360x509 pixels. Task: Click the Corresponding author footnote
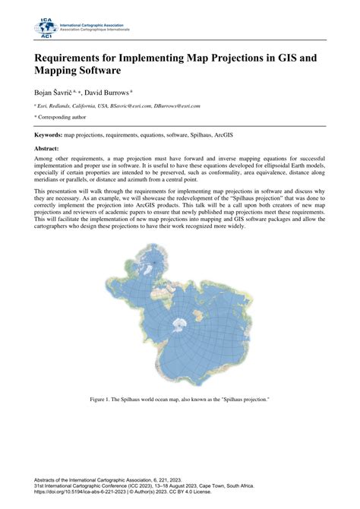[63, 119]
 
